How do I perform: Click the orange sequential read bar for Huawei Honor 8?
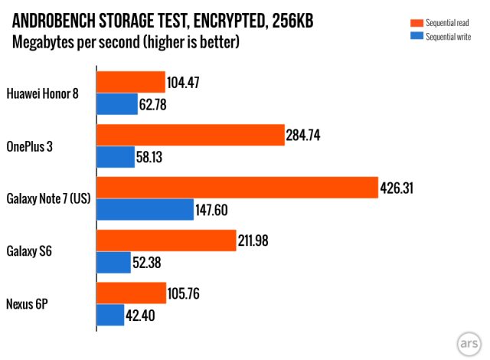pyautogui.click(x=131, y=81)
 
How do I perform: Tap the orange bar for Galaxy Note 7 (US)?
pyautogui.click(x=237, y=187)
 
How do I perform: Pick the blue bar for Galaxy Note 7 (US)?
pyautogui.click(x=145, y=209)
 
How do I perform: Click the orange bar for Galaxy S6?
pyautogui.click(x=165, y=241)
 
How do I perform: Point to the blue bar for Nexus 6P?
pyautogui.click(x=110, y=315)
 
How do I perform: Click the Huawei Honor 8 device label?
pyautogui.click(x=47, y=93)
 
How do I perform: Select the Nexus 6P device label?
pyautogui.click(x=27, y=304)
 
